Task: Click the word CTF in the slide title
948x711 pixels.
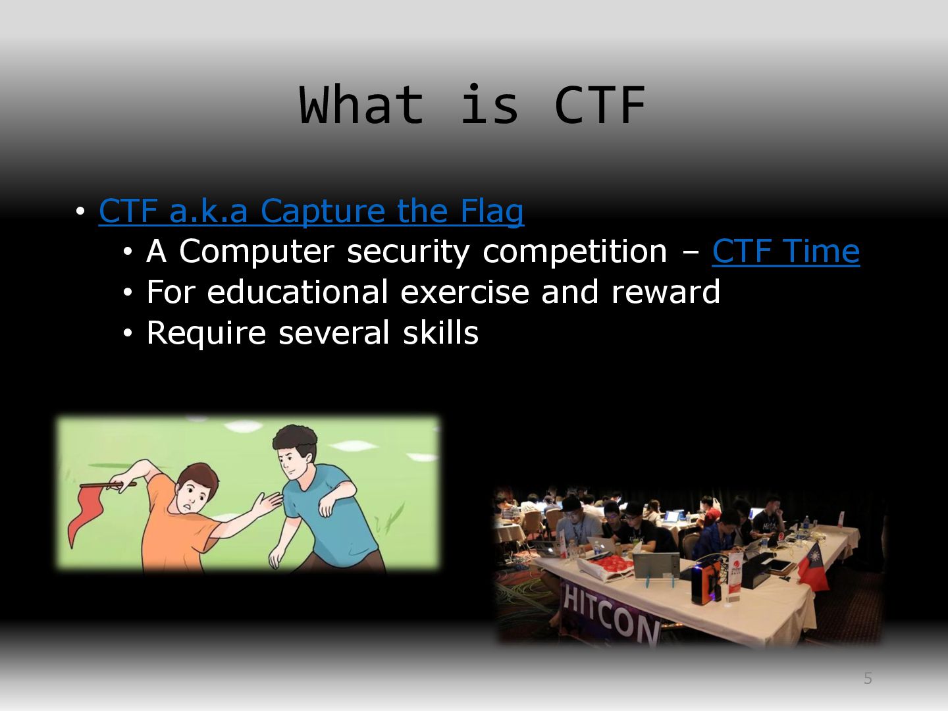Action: tap(600, 105)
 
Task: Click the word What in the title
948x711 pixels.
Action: tap(361, 104)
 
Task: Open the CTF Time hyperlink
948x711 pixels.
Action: tap(785, 251)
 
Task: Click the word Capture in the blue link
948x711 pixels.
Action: tap(323, 211)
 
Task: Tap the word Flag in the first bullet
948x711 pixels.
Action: tap(492, 211)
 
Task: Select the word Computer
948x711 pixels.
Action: tap(257, 251)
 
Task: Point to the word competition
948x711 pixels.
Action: tap(575, 251)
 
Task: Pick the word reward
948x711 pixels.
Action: tap(666, 292)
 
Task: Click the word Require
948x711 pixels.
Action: tap(206, 333)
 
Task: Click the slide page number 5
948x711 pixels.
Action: tap(868, 678)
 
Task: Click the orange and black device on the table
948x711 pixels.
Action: tap(705, 581)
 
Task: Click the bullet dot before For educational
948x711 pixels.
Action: tap(128, 292)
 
